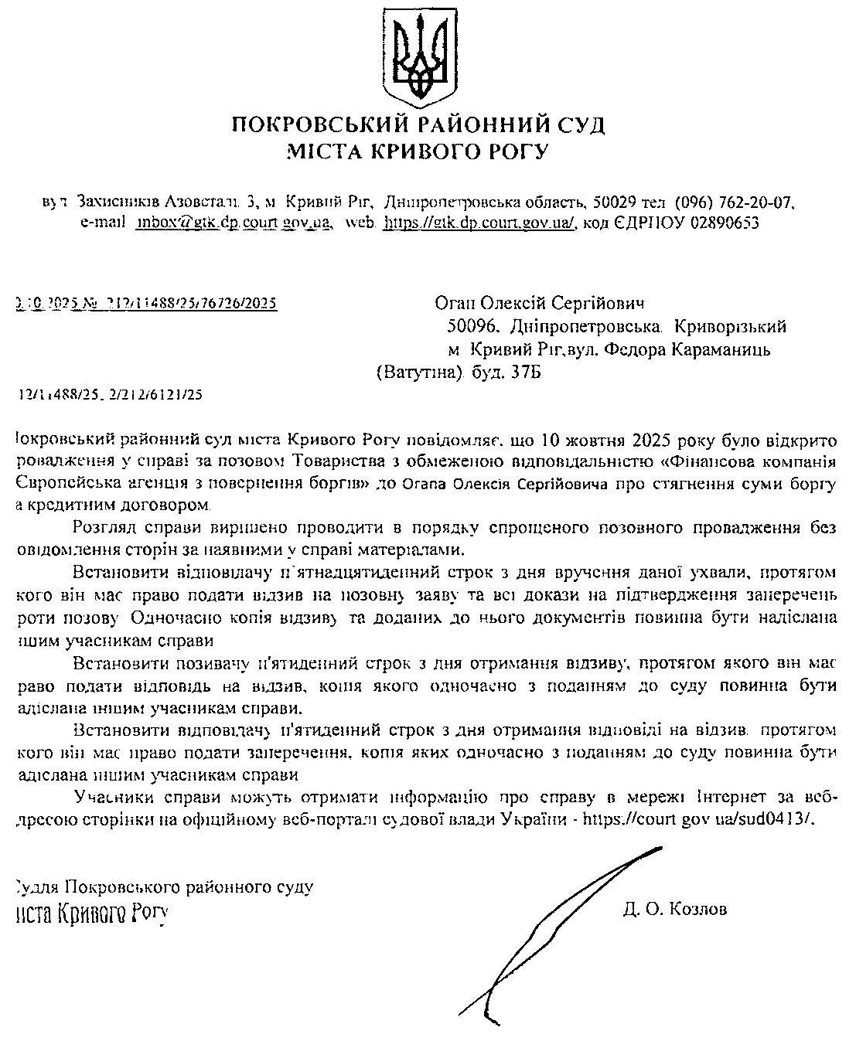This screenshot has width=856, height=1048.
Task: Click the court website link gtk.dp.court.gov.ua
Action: pos(479,223)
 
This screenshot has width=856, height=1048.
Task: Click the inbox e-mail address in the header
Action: pos(234,223)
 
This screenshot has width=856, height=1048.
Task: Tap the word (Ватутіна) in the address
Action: pos(418,373)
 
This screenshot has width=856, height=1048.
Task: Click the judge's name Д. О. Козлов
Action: pos(674,909)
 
